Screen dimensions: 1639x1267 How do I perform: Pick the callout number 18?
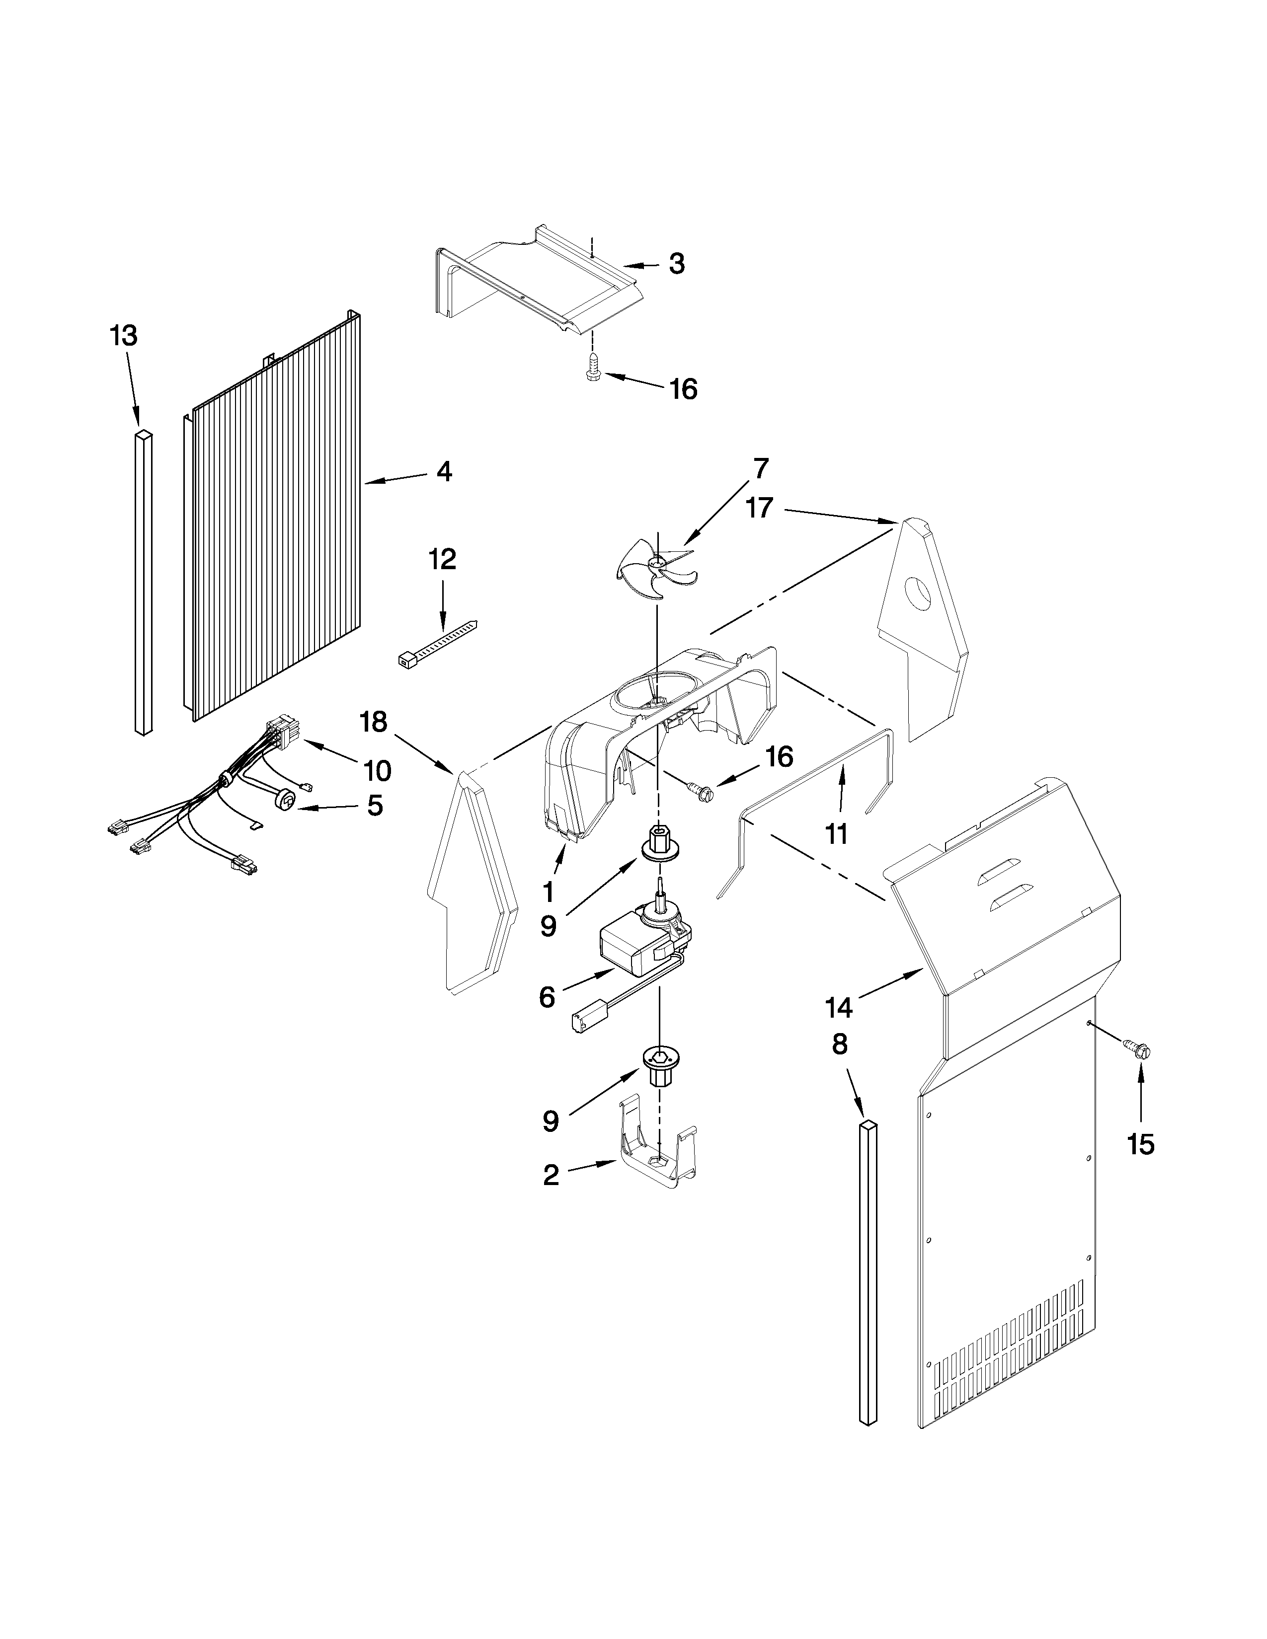[373, 722]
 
